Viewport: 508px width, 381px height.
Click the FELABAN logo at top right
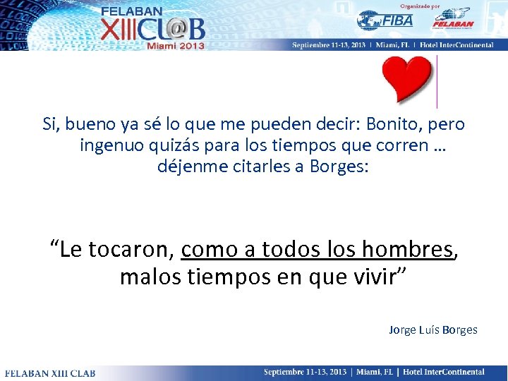[x=452, y=19]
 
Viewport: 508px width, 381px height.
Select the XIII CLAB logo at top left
[x=152, y=29]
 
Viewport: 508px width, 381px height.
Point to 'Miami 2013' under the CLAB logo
[x=175, y=46]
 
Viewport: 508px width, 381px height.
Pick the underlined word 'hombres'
[x=407, y=249]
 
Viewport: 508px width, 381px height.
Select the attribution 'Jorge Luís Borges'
[x=433, y=329]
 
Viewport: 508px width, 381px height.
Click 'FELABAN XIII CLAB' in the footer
[x=50, y=373]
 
